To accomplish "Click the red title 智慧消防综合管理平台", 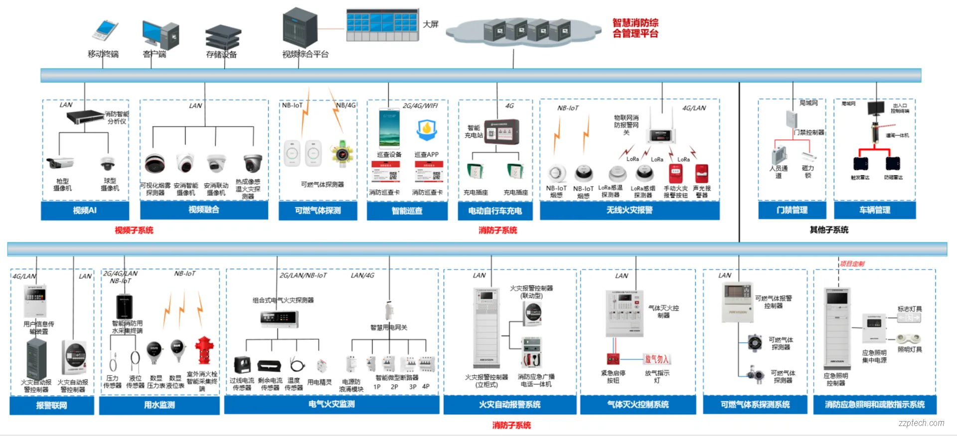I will point(635,28).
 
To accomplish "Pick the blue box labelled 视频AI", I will point(85,210).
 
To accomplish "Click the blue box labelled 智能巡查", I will point(407,211).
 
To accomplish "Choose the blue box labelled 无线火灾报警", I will point(629,210).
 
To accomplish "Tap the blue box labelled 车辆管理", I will point(874,210).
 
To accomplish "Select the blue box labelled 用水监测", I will point(159,405).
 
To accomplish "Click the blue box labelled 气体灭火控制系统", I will point(638,405).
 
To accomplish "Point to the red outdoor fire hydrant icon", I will point(204,350).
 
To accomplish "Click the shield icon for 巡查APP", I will point(427,129).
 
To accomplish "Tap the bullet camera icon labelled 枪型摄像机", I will point(60,163).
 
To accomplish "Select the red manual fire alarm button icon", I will point(675,174).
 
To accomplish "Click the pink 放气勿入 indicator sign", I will point(656,359).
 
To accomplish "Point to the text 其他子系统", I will point(828,229).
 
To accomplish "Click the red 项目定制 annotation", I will point(852,264).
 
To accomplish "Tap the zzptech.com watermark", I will point(921,423).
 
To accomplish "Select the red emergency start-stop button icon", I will point(613,358).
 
